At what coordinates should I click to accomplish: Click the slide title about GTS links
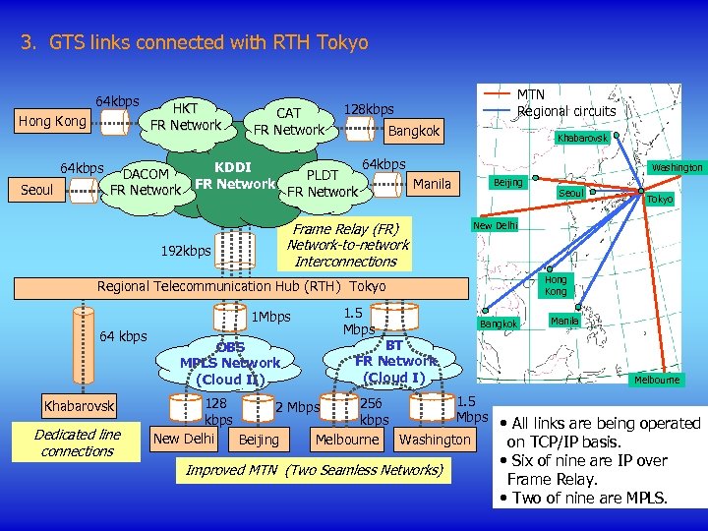pos(194,43)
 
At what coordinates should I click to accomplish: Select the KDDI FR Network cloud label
pos(233,175)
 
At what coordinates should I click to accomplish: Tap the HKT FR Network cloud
pos(184,117)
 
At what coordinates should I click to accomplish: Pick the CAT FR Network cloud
pos(288,122)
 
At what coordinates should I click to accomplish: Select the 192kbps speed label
pos(185,251)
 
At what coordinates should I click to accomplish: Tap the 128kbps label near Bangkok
pos(369,109)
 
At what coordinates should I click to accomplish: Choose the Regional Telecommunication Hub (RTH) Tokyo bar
pos(242,286)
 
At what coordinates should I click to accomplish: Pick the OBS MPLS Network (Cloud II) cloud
pos(230,363)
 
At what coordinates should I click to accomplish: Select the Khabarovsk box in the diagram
pos(79,405)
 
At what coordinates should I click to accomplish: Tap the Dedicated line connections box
pos(78,442)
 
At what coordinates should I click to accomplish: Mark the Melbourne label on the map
pos(656,380)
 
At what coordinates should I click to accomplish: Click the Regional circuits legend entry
pos(566,111)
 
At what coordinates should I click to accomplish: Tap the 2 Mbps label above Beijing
pos(297,407)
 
